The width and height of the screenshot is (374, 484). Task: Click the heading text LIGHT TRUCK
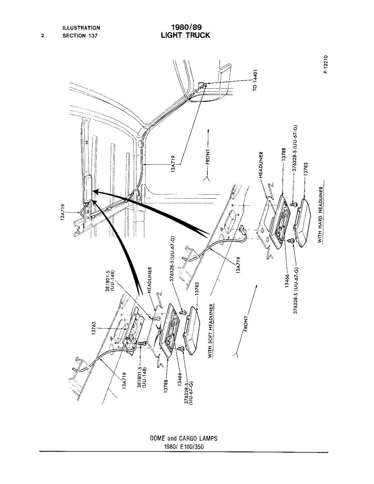185,35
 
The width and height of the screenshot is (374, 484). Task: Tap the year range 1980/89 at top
187,27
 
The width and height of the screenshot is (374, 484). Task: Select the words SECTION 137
80,35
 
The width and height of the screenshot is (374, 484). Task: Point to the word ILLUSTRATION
81,28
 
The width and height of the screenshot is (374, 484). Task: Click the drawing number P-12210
326,64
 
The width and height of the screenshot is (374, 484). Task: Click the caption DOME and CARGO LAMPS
184,439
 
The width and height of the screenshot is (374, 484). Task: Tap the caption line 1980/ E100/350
184,446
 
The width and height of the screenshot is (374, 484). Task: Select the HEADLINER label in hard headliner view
261,165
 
